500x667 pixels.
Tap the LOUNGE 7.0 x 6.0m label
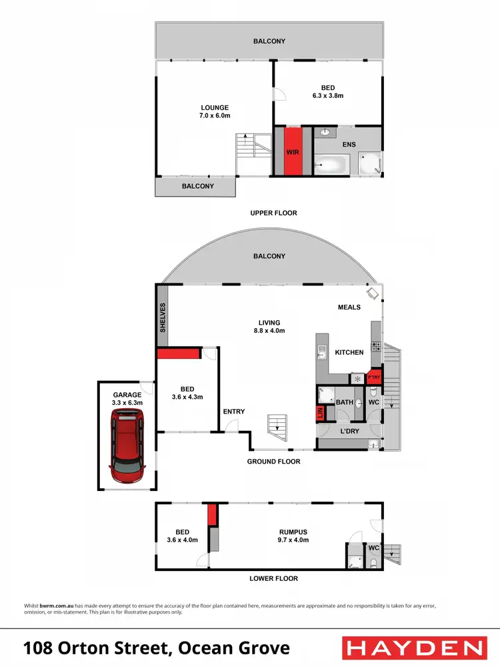(215, 111)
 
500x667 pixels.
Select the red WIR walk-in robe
(292, 151)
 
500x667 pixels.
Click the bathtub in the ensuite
(332, 163)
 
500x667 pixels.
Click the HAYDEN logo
(413, 648)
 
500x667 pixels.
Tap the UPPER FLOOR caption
(273, 213)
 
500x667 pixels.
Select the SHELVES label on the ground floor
(162, 317)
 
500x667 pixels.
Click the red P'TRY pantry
(374, 378)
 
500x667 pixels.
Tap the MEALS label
(349, 307)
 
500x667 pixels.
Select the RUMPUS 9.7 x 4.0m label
(293, 536)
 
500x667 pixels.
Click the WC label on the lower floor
(373, 548)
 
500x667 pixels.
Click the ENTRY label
(234, 412)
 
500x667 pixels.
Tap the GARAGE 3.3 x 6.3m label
(127, 399)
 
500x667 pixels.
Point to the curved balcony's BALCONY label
(269, 256)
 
